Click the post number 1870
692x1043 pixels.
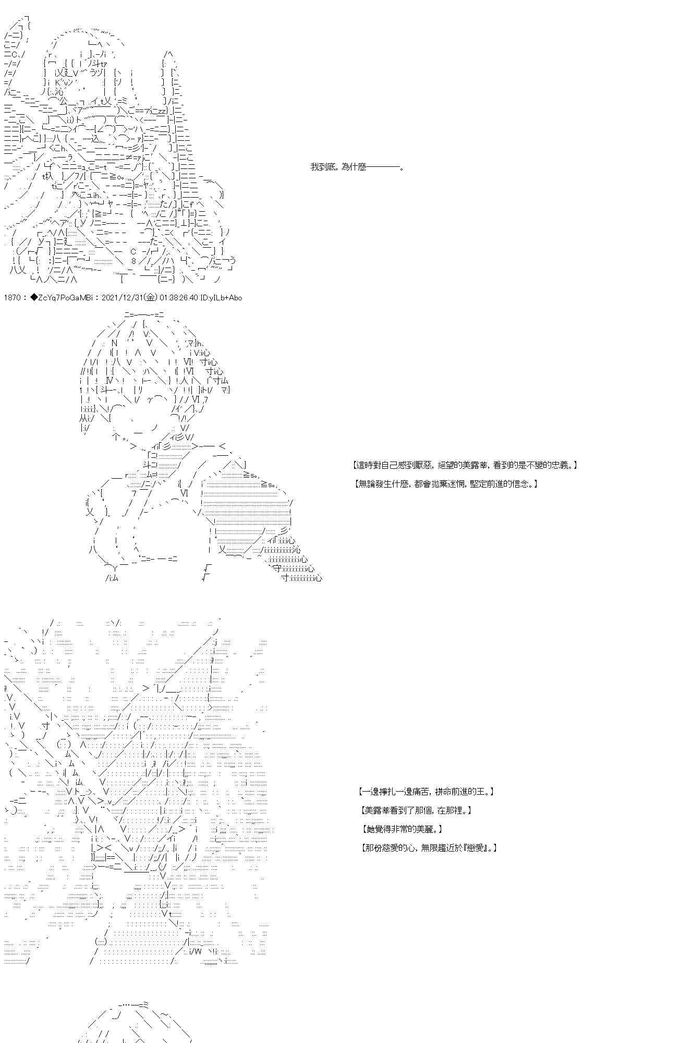point(12,298)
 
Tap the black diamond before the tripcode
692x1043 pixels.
point(34,298)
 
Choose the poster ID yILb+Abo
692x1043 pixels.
point(225,298)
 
